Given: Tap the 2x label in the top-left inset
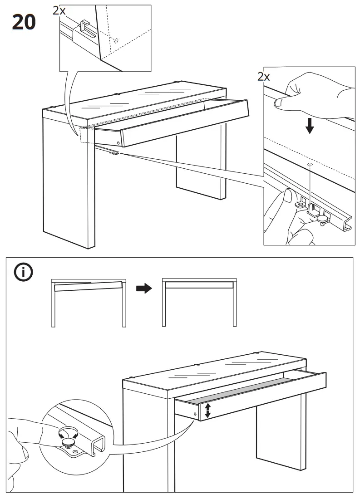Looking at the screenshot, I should [x=59, y=10].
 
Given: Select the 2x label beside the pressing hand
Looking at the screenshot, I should [x=264, y=76].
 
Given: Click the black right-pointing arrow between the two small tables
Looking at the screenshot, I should [x=144, y=289].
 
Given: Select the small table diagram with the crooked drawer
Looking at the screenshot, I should [x=88, y=302].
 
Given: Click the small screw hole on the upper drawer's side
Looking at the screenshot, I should [x=118, y=142].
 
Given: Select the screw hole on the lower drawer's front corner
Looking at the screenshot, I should [x=196, y=414].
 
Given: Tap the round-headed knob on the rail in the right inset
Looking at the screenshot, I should [x=323, y=219].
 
